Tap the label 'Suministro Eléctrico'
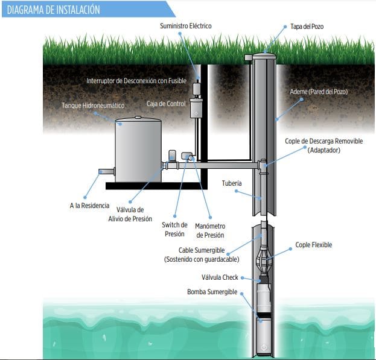click(185, 26)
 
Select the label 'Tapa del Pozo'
click(307, 27)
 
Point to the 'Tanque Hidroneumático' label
click(93, 106)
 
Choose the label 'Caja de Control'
click(166, 104)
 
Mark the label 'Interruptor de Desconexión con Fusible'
click(136, 80)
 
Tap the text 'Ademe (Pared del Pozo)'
click(319, 92)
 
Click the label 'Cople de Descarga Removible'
click(323, 141)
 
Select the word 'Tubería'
click(232, 183)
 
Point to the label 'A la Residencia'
click(89, 206)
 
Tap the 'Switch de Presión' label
click(174, 229)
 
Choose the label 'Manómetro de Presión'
click(210, 230)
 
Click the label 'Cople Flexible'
click(313, 245)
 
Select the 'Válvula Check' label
click(220, 278)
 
